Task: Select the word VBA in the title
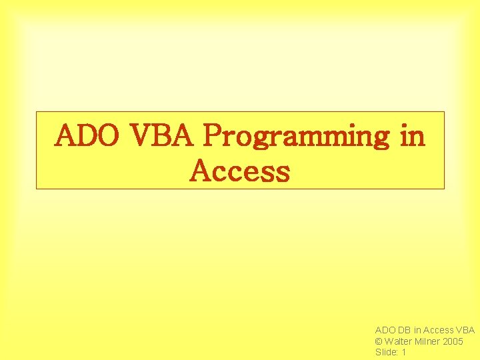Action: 163,137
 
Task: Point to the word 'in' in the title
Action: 412,137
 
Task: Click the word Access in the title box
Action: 240,171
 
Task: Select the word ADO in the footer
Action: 385,330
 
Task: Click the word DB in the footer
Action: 405,330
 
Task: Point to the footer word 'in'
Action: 417,330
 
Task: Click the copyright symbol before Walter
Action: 379,341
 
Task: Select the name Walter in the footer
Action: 399,341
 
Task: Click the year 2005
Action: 453,341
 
